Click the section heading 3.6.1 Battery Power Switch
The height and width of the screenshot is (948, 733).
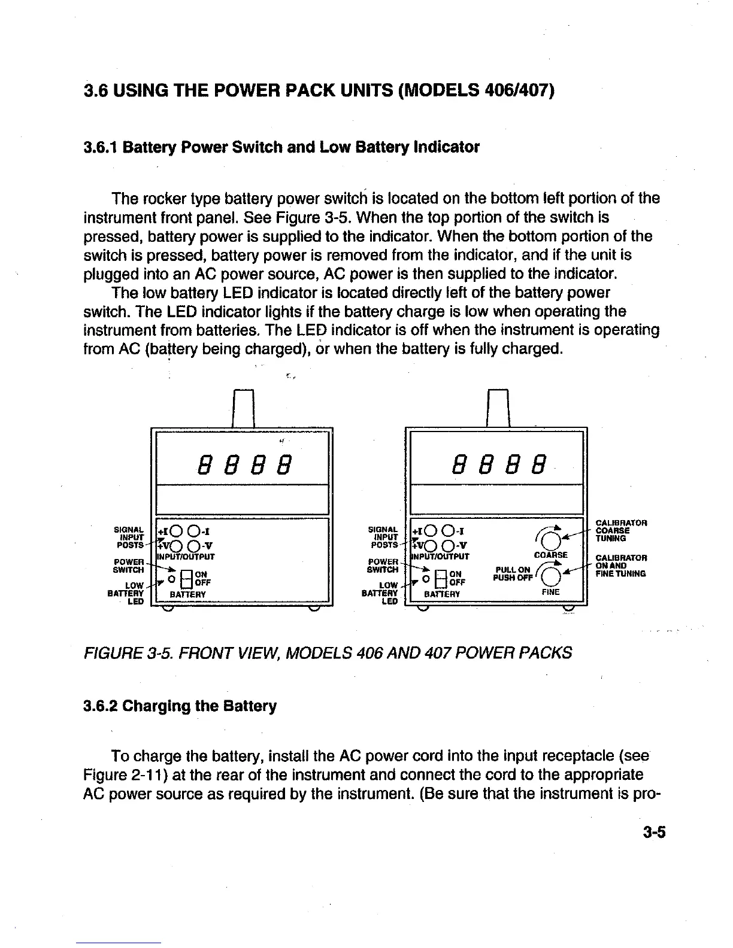point(281,147)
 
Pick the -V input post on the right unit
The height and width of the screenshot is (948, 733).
point(447,545)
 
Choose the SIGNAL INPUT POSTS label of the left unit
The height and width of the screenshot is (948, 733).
point(129,537)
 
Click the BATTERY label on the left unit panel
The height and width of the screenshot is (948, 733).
point(188,594)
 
